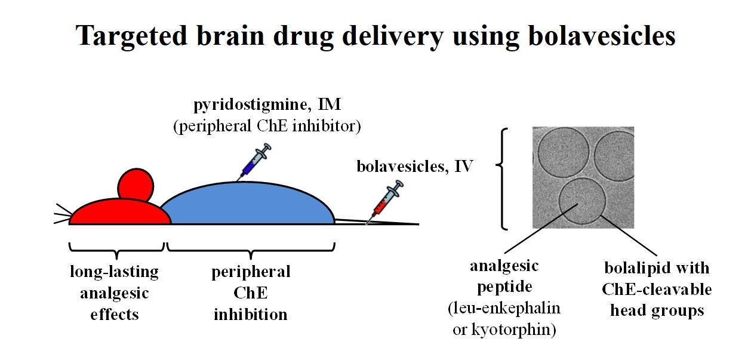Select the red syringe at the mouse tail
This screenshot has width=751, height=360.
click(385, 201)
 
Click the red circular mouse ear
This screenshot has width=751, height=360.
click(136, 185)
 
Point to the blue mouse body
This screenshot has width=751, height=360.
click(247, 204)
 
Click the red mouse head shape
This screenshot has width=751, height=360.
click(119, 212)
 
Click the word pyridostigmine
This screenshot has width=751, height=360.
click(250, 104)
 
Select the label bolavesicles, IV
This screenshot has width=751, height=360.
click(415, 166)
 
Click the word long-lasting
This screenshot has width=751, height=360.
click(115, 272)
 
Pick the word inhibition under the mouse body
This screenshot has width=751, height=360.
click(251, 315)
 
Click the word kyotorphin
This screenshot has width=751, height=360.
click(513, 330)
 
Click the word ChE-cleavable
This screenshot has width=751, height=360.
click(657, 290)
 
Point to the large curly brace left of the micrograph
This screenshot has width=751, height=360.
click(501, 179)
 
